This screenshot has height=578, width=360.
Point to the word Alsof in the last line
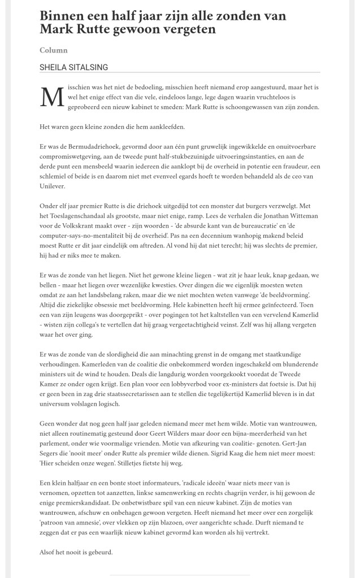click(49, 551)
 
